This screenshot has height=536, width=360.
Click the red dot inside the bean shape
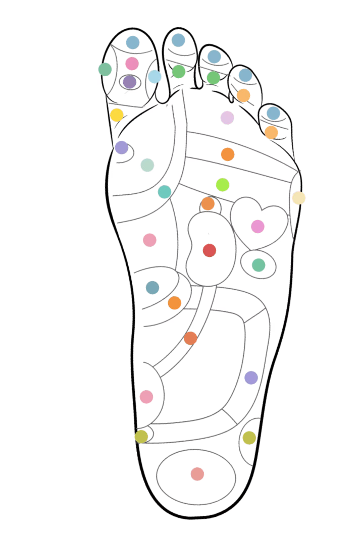(x=209, y=250)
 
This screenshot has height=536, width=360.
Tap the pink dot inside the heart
(x=258, y=227)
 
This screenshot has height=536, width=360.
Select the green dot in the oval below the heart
(x=259, y=265)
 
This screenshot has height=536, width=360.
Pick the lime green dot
(x=223, y=185)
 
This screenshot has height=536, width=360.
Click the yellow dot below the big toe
(x=117, y=115)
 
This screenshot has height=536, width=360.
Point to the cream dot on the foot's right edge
(x=298, y=198)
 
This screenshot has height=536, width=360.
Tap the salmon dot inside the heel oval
(x=197, y=474)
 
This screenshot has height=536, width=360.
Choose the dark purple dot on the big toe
(x=129, y=81)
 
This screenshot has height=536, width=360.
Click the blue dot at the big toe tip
(x=132, y=42)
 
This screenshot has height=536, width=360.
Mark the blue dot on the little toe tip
(x=273, y=113)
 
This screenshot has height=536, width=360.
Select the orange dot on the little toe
(x=272, y=132)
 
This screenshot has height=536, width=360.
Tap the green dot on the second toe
(x=179, y=71)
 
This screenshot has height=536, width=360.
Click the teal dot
(x=165, y=192)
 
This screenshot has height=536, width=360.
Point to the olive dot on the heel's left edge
(x=141, y=436)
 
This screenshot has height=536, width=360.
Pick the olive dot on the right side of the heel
(x=249, y=438)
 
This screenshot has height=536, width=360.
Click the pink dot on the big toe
(x=132, y=64)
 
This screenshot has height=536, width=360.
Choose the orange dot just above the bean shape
(x=208, y=204)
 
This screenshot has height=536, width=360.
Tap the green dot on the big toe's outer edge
(x=105, y=69)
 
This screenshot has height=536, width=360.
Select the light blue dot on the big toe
(x=155, y=77)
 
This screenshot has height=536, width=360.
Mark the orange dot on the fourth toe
(x=243, y=95)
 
